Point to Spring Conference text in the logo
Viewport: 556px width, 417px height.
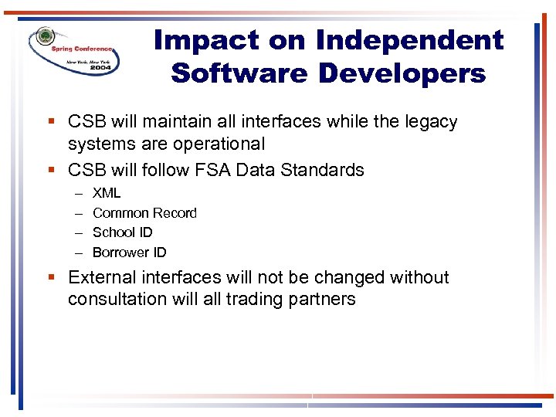82,47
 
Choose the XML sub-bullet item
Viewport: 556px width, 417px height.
107,193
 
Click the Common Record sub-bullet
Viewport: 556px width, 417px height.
144,213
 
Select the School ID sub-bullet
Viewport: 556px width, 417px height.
122,232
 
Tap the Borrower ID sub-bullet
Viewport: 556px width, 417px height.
129,253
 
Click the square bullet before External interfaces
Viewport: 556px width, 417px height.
51,277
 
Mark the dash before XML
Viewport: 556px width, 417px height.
79,193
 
